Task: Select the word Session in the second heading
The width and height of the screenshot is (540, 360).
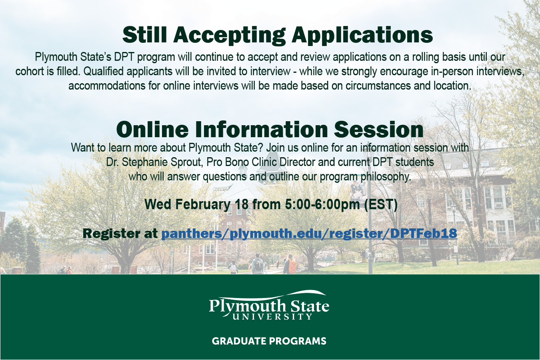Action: (x=378, y=130)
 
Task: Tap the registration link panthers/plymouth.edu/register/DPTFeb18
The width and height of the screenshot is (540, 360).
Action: (x=309, y=234)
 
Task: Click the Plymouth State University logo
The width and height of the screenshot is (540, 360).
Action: (x=269, y=305)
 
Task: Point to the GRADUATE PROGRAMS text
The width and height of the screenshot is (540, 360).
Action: (x=269, y=341)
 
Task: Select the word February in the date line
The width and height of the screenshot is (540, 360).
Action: (x=203, y=204)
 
